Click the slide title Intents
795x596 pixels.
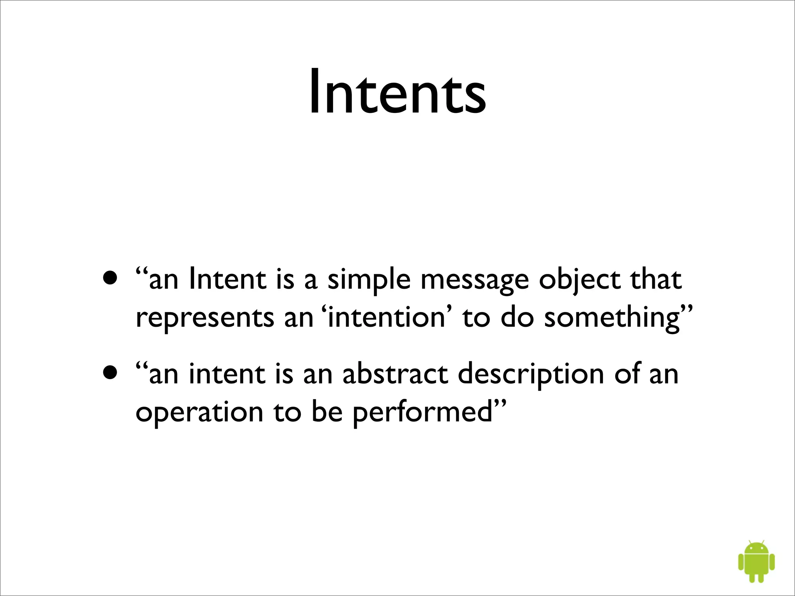[397, 92]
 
